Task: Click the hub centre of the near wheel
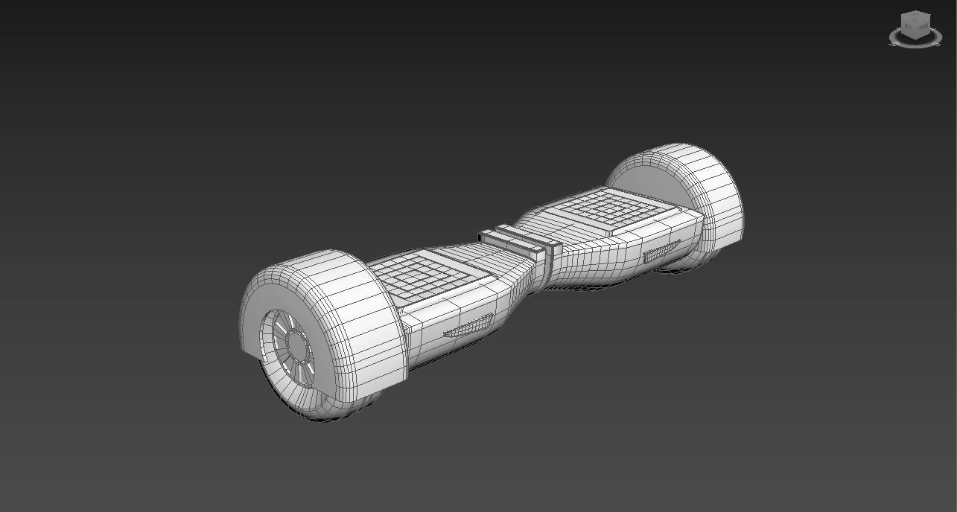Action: click(x=297, y=347)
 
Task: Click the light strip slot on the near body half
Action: click(x=469, y=326)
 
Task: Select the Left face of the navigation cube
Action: click(x=908, y=29)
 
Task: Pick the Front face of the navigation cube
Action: click(x=923, y=29)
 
